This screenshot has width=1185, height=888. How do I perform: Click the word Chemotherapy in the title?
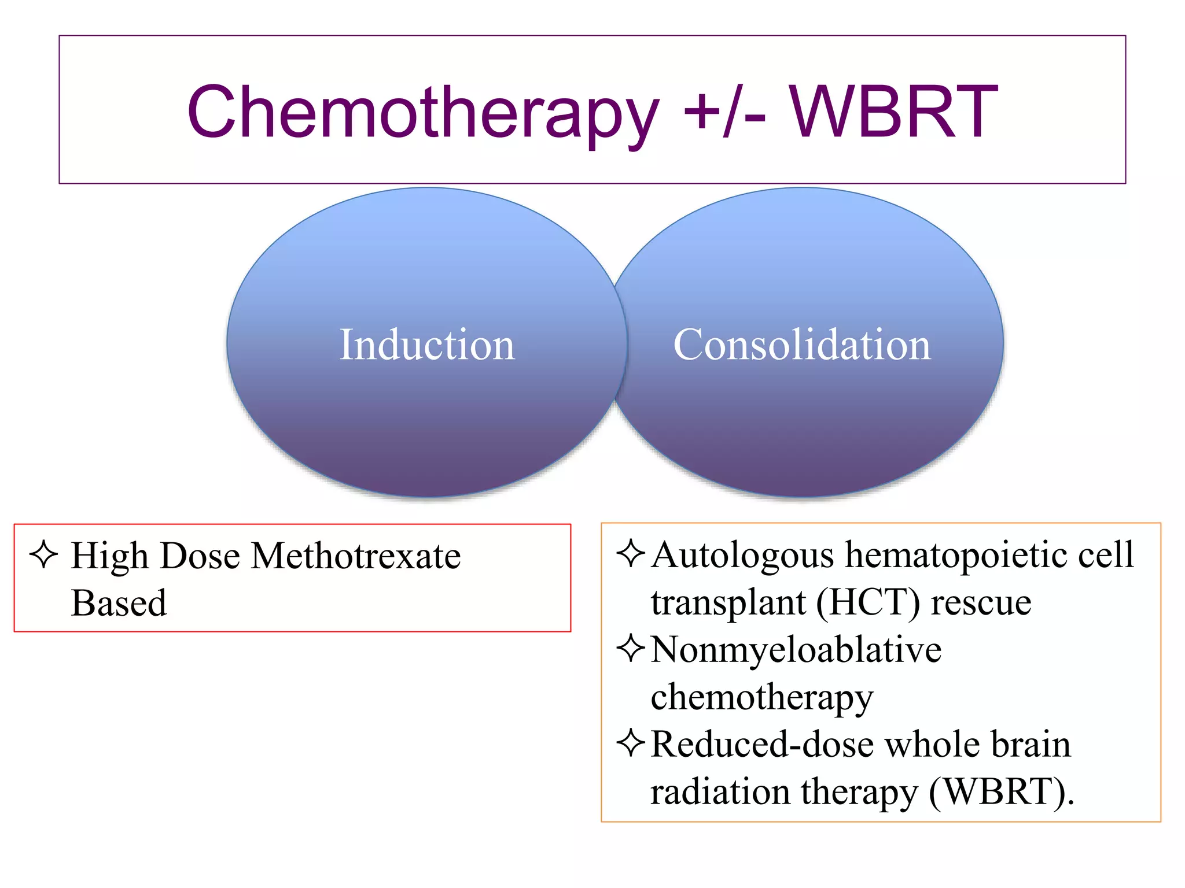tap(422, 113)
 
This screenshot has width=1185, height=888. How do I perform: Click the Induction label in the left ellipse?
tap(426, 345)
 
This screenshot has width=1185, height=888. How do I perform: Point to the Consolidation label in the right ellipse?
tap(802, 345)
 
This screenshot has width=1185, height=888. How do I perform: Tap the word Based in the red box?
tap(119, 603)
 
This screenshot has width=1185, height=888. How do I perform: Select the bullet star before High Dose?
tap(43, 555)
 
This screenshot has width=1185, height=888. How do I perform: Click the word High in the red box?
tap(109, 556)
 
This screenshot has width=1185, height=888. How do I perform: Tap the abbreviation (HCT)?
tap(867, 602)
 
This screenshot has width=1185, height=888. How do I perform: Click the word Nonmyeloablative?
tap(796, 650)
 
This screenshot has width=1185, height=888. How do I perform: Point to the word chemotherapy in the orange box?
tap(761, 698)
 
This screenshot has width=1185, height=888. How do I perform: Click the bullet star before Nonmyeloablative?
tap(630, 649)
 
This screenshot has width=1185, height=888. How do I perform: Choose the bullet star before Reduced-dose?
tap(630, 743)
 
